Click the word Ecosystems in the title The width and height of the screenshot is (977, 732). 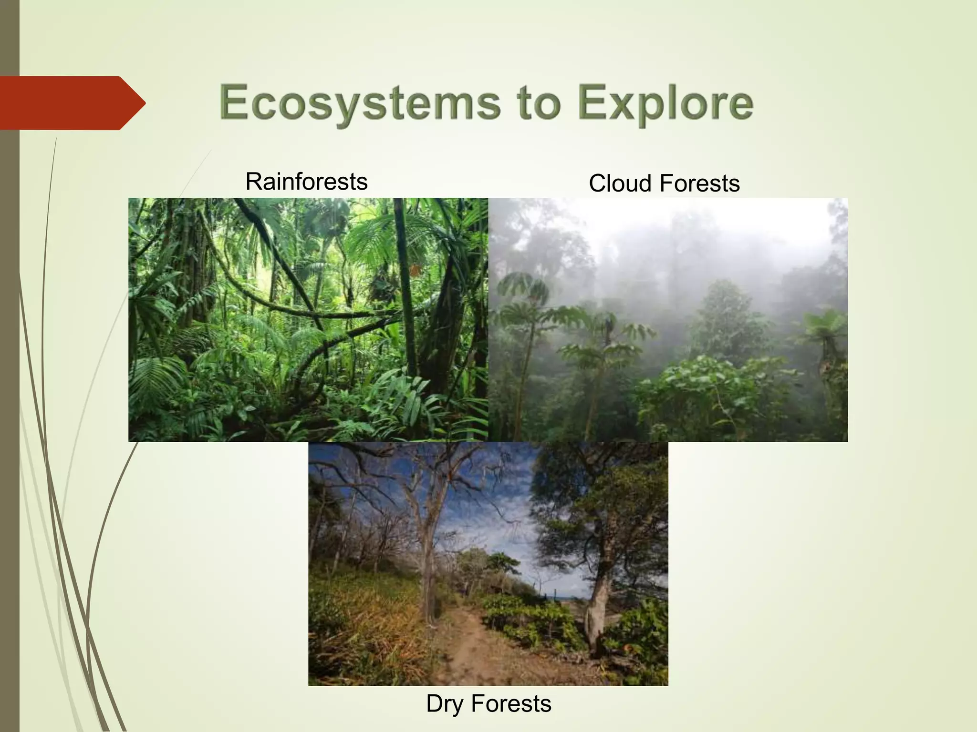[x=360, y=102]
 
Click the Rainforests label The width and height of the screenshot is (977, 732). [x=306, y=182]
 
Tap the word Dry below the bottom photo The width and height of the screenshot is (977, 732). [x=445, y=704]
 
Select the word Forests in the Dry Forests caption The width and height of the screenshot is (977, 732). [x=511, y=704]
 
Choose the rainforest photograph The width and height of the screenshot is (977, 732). [x=308, y=319]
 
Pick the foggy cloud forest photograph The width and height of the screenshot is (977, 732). [x=668, y=319]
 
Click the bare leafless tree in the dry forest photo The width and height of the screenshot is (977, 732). [x=425, y=524]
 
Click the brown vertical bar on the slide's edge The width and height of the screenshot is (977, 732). [x=9, y=429]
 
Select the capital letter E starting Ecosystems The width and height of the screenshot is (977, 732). [x=234, y=102]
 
